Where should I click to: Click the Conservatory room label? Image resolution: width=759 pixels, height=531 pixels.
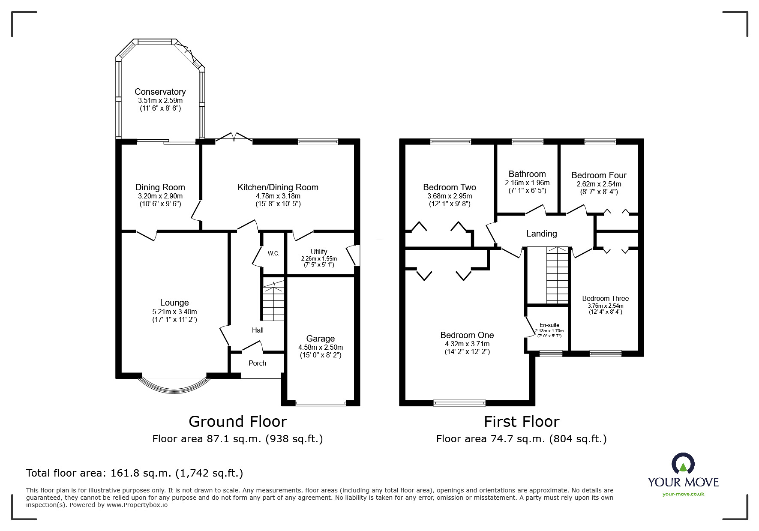coord(160,92)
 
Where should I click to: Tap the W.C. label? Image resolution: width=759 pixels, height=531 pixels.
coord(273,253)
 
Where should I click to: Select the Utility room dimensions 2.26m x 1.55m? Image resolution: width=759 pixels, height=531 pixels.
coord(318,258)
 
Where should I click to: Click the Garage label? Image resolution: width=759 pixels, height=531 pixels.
coord(320,339)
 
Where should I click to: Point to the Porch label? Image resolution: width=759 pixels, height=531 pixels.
coord(257,363)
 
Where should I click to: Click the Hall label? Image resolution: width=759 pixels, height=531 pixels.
coord(258,330)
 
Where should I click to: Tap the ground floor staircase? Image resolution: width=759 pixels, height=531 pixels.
coord(273,300)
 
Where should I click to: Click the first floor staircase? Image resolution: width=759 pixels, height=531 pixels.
coord(557,276)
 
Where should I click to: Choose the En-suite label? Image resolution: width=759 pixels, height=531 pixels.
coord(549,325)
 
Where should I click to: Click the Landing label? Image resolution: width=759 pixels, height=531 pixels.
coord(541,234)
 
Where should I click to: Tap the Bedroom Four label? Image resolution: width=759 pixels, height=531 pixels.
coord(599,175)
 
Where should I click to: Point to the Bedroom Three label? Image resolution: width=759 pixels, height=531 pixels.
coord(605,298)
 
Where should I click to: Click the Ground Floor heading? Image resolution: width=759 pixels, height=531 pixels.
coord(237,422)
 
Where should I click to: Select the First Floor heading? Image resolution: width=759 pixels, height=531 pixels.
coord(521,422)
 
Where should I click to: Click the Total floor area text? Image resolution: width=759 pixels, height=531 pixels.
coord(135,473)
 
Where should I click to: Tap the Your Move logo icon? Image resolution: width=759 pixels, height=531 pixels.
coord(683,464)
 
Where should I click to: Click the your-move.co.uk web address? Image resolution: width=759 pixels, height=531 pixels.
coord(683,494)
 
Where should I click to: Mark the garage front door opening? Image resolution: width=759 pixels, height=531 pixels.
coord(320,403)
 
